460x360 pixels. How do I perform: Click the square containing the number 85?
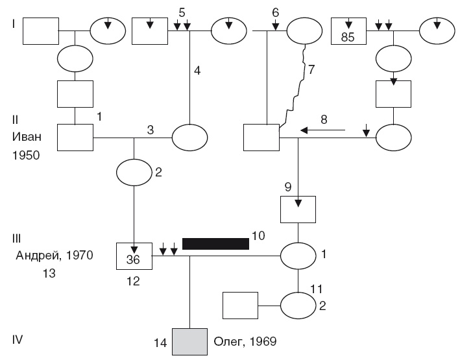(348, 30)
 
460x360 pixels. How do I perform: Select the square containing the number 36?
(133, 256)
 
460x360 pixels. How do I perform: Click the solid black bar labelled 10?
(215, 243)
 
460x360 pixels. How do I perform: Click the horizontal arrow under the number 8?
(322, 132)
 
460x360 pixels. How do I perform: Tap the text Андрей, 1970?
(54, 256)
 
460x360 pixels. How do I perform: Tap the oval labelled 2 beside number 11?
(298, 305)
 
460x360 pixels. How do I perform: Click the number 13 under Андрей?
(49, 274)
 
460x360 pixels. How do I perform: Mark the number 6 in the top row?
(275, 12)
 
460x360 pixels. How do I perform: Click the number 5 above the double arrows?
(182, 12)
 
